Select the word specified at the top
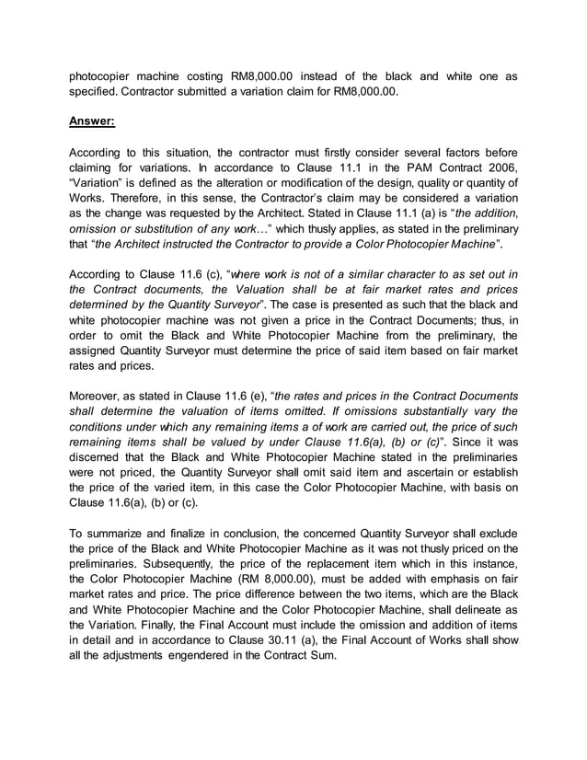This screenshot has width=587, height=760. pyautogui.click(x=98, y=90)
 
